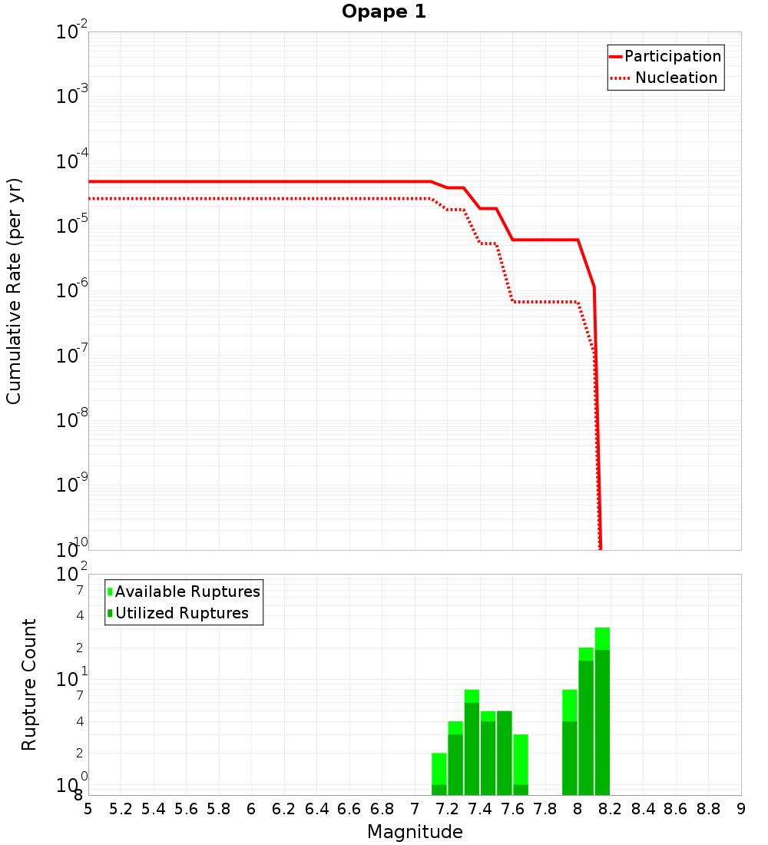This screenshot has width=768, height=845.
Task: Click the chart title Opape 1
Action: (x=383, y=12)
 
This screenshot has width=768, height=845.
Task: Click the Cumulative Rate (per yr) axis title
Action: (x=14, y=290)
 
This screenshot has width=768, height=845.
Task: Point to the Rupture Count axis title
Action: (x=29, y=684)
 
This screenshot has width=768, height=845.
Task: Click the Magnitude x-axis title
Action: (x=415, y=832)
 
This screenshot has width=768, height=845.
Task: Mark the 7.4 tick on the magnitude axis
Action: (x=480, y=809)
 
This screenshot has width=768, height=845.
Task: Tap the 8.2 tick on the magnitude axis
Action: (x=611, y=809)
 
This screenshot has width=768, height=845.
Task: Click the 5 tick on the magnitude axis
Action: (x=88, y=809)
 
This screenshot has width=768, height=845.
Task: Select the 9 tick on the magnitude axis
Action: (x=741, y=809)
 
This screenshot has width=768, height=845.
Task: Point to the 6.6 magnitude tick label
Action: (x=349, y=809)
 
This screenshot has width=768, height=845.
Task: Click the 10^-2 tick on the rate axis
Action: (x=72, y=33)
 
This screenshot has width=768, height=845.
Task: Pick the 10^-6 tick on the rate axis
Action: (x=72, y=292)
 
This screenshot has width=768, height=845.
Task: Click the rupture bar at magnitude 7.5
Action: (x=505, y=753)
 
